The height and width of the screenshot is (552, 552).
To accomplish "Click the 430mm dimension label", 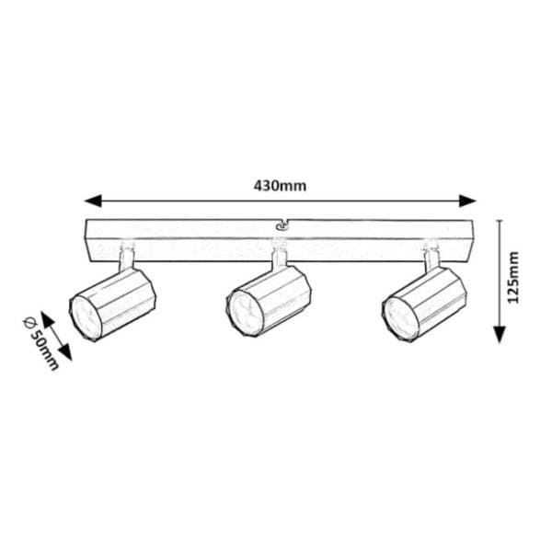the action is coord(280,186).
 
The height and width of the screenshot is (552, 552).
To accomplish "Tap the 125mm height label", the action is coord(513,277).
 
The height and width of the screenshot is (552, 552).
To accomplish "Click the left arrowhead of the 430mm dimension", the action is coord(93,201).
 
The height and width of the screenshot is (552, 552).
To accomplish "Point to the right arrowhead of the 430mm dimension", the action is coord(467,201).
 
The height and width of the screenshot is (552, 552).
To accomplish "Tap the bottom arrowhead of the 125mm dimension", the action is coord(500,335).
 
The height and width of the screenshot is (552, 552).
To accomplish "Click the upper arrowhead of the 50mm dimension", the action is coord(48,319).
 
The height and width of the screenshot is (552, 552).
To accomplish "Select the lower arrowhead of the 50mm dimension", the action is coord(65,352).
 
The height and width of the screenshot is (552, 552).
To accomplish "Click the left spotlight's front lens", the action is coord(84,317).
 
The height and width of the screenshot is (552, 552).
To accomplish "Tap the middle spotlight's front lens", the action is coord(243,309).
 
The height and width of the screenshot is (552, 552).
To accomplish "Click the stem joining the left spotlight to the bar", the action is coord(126,258).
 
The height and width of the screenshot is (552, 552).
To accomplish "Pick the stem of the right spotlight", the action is coord(432,258).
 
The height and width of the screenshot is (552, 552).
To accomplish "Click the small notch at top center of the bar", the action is coord(282,225).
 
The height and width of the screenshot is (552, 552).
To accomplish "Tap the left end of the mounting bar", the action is coord(87,240).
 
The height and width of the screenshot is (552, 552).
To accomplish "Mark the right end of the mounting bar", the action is coord(472,240).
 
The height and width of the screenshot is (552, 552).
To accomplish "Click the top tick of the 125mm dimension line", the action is coord(500,221).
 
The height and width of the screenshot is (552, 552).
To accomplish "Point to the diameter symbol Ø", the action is coord(29,322).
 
